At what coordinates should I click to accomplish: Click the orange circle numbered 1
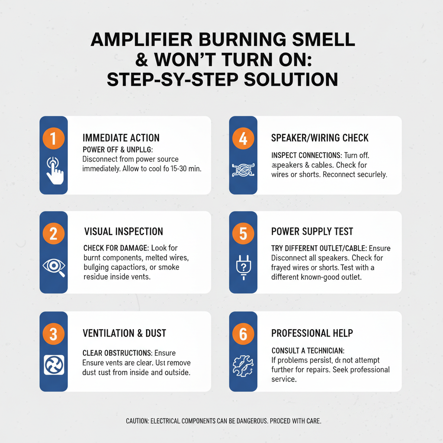pos(54,139)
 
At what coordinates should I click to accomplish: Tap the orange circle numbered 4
pos(243,139)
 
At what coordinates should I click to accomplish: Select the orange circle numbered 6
pos(243,334)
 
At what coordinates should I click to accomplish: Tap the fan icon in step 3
pos(54,365)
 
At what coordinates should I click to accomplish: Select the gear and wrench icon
pos(243,366)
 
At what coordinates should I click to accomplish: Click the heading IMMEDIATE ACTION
pos(121,138)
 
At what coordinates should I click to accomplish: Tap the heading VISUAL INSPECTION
pos(123,231)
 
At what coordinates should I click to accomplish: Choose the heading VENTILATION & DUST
pos(124,333)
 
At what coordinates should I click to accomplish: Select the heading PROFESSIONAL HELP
pos(312,333)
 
